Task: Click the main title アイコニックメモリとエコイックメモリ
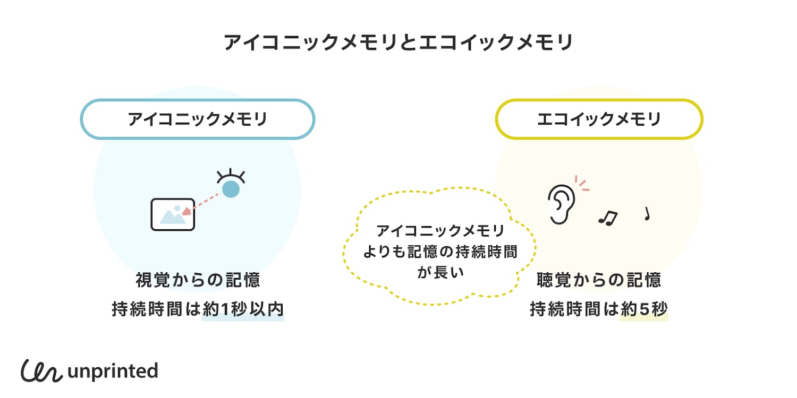[x=398, y=43]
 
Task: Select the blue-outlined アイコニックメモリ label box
[x=198, y=119]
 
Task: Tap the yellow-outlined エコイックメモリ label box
[x=599, y=119]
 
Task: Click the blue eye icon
[x=231, y=187]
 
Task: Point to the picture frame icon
[x=173, y=214]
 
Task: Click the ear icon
[x=561, y=204]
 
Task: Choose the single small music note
[x=647, y=213]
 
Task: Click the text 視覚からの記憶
[x=198, y=280]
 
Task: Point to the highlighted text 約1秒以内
[x=243, y=309]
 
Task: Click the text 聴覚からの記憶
[x=599, y=280]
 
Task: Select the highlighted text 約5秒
[x=644, y=309]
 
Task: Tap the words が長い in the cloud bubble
[x=439, y=272]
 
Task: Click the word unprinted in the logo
[x=113, y=371]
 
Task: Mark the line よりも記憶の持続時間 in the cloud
[x=439, y=252]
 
